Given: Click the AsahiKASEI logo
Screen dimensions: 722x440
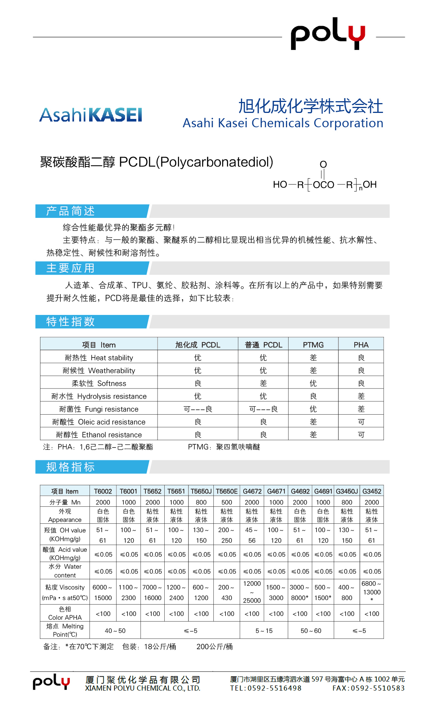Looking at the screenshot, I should point(91,115).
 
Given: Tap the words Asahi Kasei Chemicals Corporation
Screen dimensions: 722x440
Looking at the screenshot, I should point(283,123).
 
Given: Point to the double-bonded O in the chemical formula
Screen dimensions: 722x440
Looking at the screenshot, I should point(323,165).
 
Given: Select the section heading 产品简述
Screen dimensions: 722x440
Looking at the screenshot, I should point(71,211).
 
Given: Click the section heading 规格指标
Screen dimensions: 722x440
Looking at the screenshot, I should point(71,467).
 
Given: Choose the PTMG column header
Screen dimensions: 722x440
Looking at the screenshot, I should point(313,345).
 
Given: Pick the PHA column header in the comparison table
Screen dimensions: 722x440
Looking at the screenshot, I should point(361,345).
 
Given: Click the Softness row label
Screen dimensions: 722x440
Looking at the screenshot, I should point(99,383).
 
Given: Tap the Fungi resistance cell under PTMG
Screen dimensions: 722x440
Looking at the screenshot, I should point(313,409).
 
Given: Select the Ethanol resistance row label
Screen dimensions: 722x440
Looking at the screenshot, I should point(99,435).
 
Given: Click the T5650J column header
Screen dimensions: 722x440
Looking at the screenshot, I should point(201,491).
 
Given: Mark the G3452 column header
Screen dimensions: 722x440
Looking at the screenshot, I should point(372,491).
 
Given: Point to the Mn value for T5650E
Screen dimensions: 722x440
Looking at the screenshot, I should point(227,502).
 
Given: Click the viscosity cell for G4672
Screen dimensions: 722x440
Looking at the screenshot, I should point(252,592).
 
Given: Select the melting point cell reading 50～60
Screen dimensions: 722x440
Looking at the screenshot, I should point(311,631).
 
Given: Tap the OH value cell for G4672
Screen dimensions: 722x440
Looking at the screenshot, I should point(252,535).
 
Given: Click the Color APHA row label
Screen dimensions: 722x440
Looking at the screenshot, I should point(65,613).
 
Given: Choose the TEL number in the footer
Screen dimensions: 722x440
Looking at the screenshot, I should point(266,688).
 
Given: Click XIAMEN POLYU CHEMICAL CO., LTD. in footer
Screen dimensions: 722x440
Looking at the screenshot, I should point(142,688).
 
